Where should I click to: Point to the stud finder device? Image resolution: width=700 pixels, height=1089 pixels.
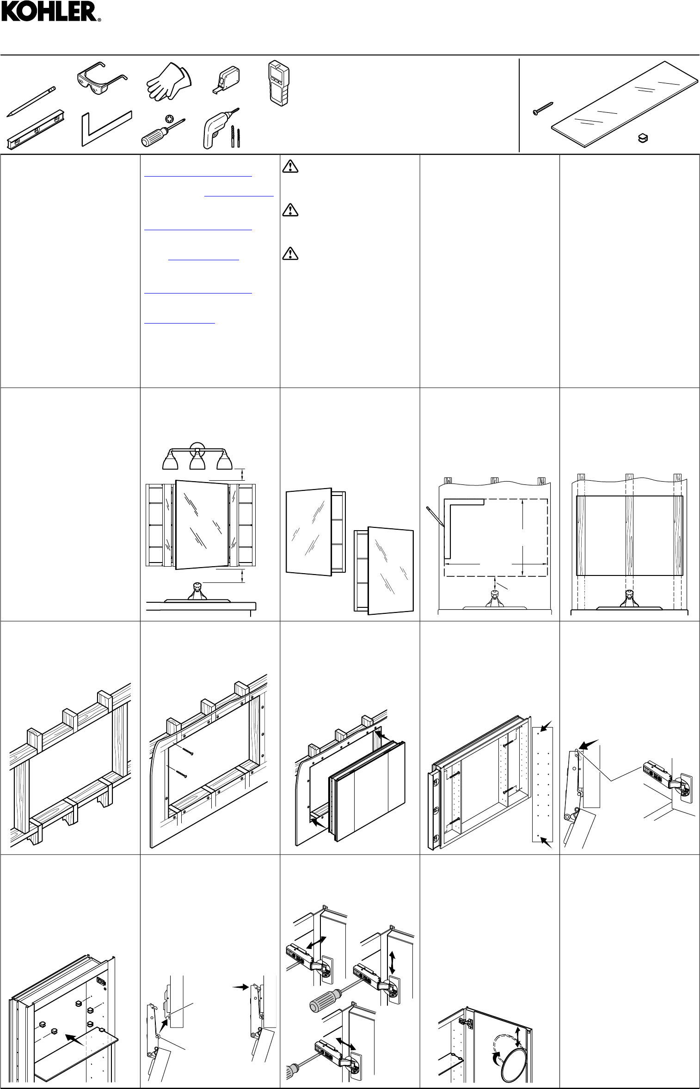pyautogui.click(x=278, y=81)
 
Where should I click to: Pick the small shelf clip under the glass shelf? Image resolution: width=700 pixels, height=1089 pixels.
pyautogui.click(x=642, y=137)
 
